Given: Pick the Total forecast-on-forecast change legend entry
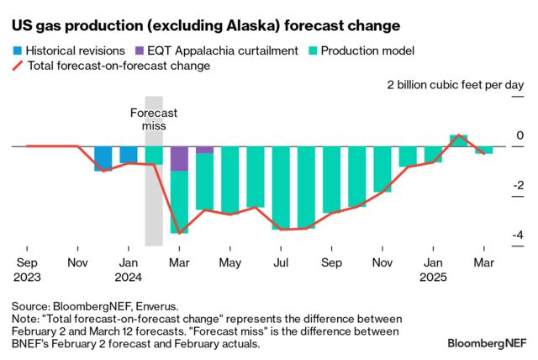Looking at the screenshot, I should point(118,65).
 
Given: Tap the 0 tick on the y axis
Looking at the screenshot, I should point(520,135).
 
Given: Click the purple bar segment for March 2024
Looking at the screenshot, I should point(179,158).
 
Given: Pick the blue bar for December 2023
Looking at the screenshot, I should point(103,158).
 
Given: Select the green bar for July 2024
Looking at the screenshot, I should point(281,188).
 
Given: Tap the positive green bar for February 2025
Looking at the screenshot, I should point(458,140).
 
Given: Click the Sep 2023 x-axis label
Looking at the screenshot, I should point(26,268).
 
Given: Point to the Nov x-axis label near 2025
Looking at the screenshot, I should point(382,262).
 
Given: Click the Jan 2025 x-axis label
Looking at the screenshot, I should point(434,268).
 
